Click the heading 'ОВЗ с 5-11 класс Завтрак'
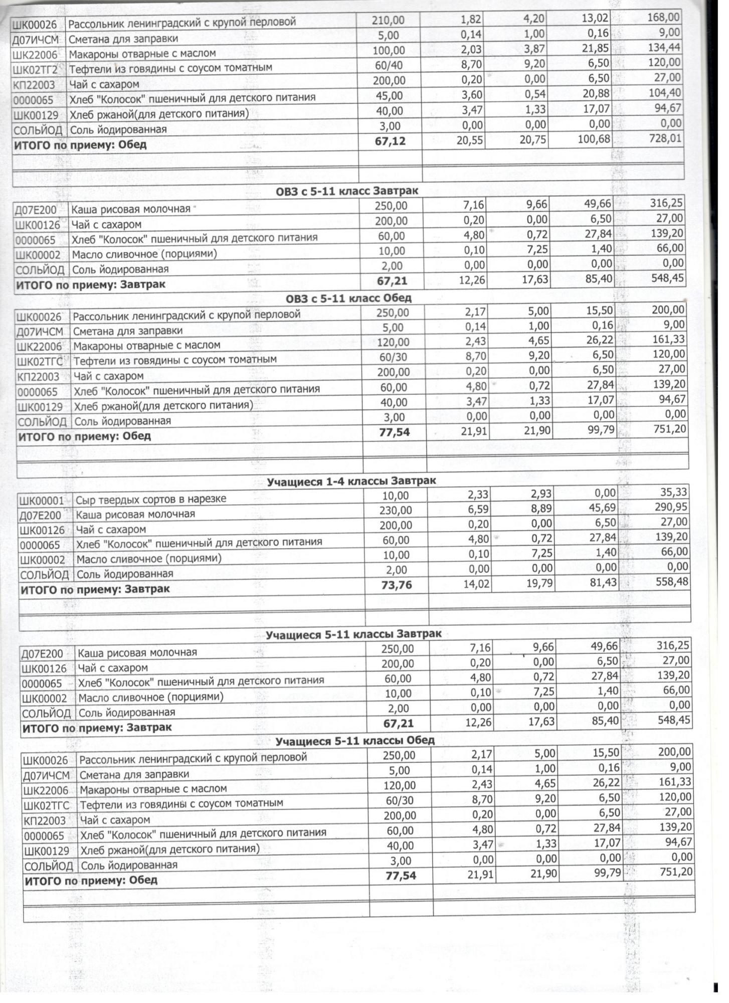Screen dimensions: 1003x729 pos(347,191)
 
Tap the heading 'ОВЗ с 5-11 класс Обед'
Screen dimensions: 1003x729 pos(348,298)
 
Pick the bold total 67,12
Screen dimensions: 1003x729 pos(390,141)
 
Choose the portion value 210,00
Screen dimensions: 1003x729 pos(389,21)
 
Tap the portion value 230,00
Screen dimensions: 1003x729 pos(396,511)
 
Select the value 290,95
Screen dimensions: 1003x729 pos(671,507)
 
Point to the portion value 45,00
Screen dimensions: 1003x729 pos(389,95)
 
